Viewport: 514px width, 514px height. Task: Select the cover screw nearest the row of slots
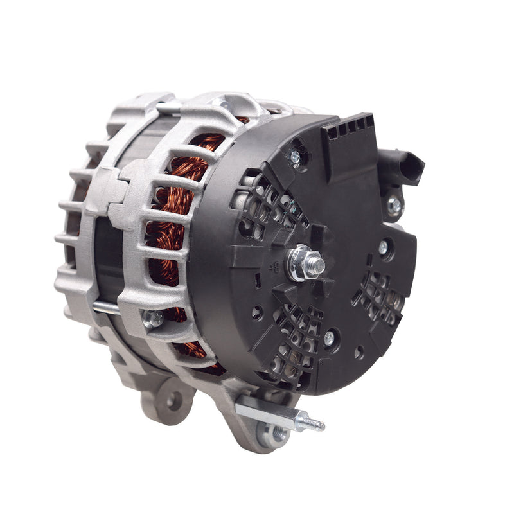[x=296, y=156]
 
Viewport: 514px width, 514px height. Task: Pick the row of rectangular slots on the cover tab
[x=347, y=128]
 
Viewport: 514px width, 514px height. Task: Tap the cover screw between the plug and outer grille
[x=384, y=246]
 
